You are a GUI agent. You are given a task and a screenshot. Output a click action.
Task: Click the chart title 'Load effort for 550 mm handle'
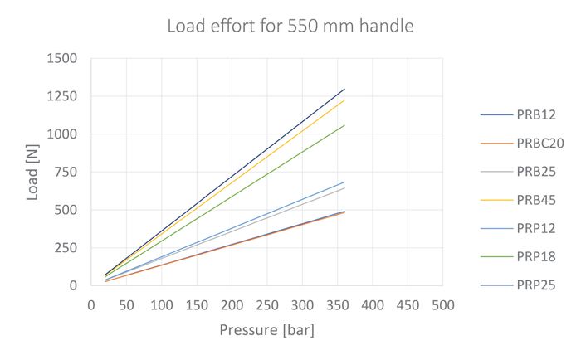coord(290,27)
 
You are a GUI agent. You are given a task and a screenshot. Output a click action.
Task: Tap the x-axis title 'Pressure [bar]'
coord(266,330)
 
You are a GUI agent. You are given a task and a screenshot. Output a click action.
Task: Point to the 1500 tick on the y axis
coord(62,59)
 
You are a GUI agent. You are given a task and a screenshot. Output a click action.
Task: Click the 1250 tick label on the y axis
coord(62,96)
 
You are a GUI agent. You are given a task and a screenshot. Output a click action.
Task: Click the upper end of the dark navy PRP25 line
coord(344,89)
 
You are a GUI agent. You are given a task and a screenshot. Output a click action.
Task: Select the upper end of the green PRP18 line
coord(344,125)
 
